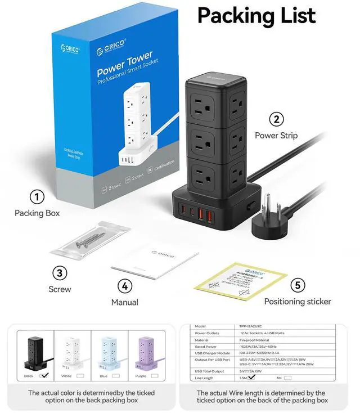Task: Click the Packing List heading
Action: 256,15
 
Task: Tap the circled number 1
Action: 37,197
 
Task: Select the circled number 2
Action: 276,119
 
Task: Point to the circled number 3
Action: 60,273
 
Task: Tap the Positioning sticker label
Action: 298,302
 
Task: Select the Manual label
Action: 125,302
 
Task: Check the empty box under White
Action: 79,375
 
